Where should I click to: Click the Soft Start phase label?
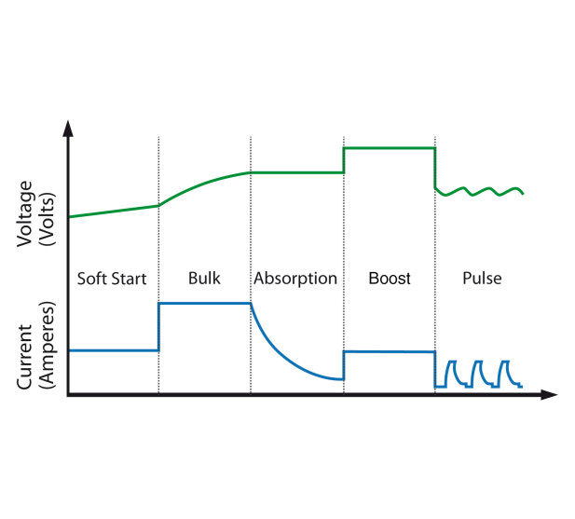point(111,279)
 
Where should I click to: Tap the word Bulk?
point(204,279)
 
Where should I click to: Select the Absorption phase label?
point(295,279)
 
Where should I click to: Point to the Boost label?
point(389,279)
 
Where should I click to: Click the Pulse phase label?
point(482,279)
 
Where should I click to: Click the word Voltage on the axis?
point(26,212)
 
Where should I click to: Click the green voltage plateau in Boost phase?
point(389,148)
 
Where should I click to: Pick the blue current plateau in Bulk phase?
point(204,303)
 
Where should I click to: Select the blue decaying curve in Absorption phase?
point(280,351)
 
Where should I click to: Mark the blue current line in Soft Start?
point(112,350)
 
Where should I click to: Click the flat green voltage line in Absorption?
point(296,172)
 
